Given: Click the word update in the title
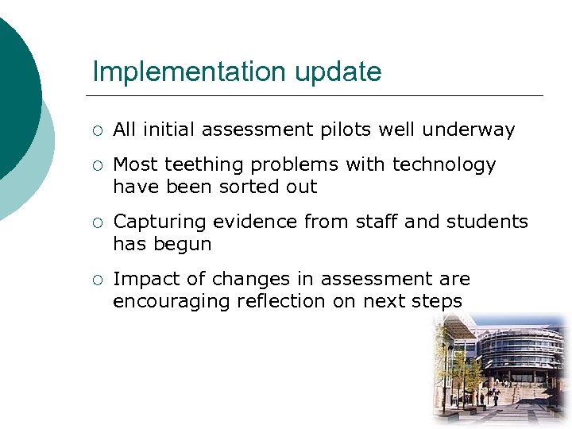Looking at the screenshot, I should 338,72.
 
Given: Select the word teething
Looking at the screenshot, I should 203,165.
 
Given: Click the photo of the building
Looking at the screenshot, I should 500,369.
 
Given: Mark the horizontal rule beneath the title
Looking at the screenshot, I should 318,96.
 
